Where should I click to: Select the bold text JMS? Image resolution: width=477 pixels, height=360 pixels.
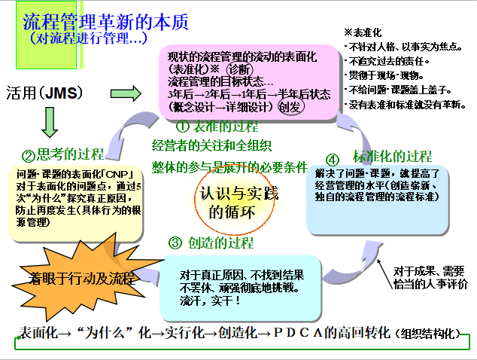[x=64, y=94]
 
